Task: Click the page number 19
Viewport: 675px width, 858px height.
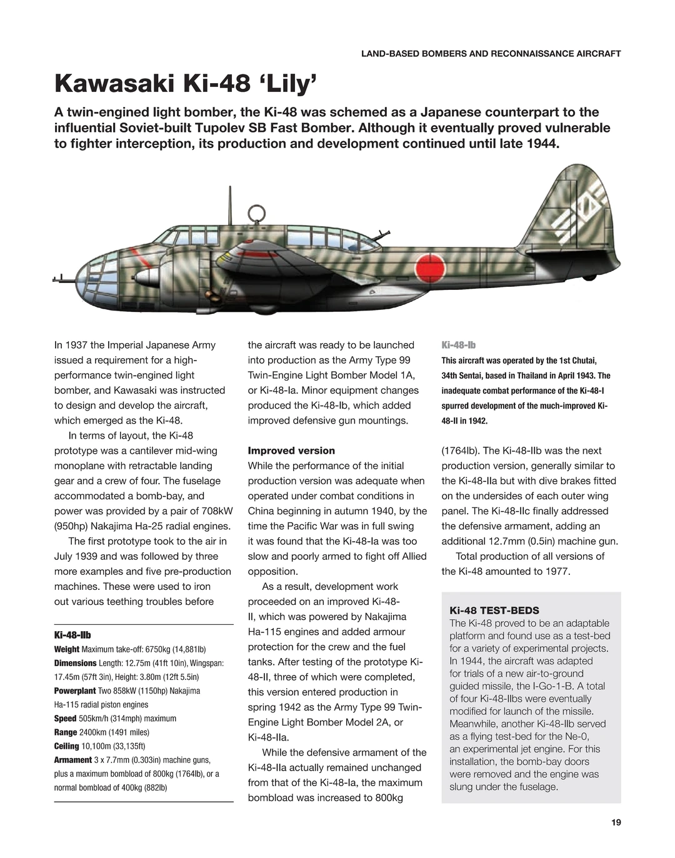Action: click(x=616, y=822)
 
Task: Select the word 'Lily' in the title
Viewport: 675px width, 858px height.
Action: click(x=288, y=84)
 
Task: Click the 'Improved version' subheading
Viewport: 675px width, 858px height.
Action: click(x=291, y=451)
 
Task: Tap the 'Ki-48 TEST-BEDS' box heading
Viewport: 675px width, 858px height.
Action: click(x=494, y=611)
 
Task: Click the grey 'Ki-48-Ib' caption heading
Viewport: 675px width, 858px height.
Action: click(x=458, y=345)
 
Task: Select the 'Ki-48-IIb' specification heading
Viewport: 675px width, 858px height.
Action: click(x=72, y=635)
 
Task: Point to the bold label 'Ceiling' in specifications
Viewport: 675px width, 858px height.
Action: click(x=66, y=746)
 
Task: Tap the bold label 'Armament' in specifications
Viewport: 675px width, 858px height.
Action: click(x=72, y=760)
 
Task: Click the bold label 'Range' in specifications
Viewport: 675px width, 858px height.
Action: click(x=66, y=732)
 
